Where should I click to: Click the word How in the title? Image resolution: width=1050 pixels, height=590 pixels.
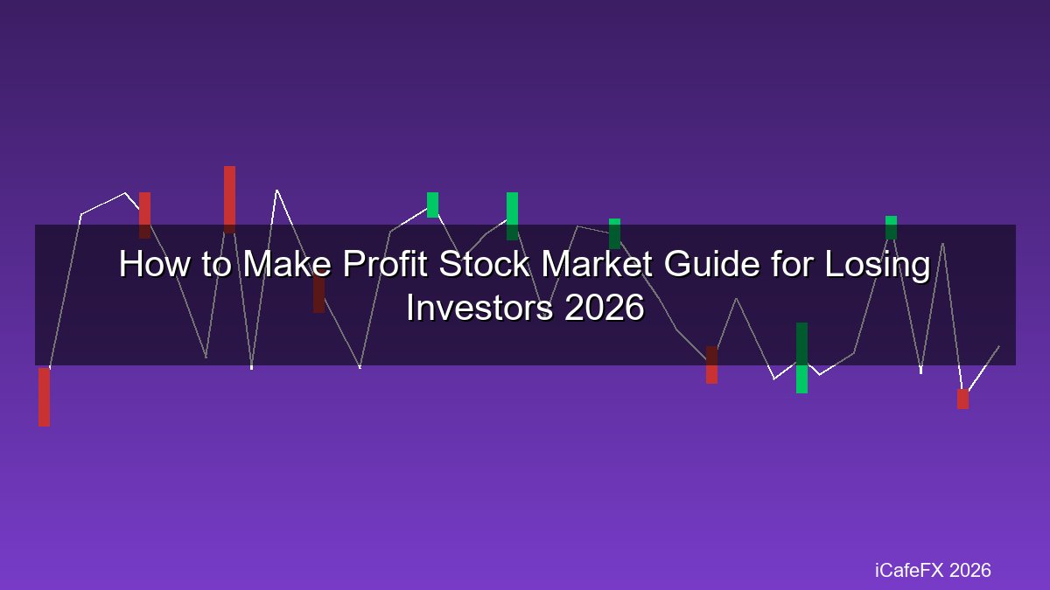point(154,264)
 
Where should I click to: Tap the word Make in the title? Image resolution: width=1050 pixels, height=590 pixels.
point(287,264)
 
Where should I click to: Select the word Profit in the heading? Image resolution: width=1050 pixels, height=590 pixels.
point(385,264)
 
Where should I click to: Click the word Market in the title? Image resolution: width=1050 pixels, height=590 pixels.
point(596,264)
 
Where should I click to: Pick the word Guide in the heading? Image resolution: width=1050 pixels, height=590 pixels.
point(711,264)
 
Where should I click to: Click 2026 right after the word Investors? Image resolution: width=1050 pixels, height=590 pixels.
point(605,308)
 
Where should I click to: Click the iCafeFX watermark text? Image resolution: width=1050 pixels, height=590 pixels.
point(909,570)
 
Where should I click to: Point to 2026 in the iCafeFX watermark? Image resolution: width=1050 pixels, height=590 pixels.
point(969,570)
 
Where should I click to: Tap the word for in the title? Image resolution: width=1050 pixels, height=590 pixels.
point(792,264)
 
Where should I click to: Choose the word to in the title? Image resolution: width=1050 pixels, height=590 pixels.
point(217,265)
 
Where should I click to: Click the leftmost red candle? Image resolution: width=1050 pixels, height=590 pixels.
point(44,397)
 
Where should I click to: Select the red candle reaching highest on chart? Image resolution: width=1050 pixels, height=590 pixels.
point(229,199)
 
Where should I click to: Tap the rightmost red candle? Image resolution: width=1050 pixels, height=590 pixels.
point(962,399)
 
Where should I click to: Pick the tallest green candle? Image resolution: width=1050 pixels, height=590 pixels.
point(802,357)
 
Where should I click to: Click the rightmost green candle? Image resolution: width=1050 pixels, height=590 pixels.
point(891,227)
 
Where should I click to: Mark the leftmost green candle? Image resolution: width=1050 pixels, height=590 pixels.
point(432,205)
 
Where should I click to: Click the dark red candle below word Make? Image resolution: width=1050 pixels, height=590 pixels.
point(318,293)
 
